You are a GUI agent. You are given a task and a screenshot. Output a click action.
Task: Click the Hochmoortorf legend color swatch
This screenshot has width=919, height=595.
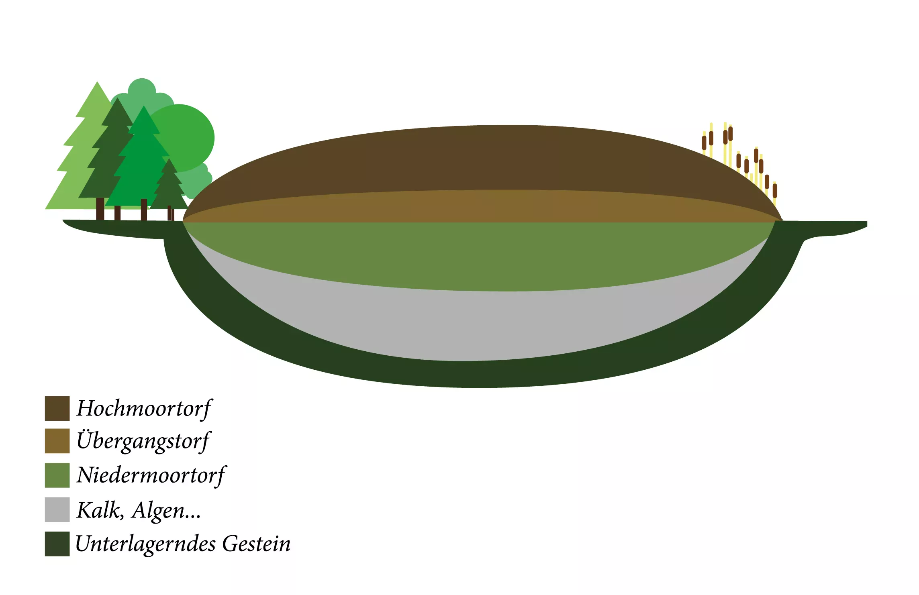[57, 408]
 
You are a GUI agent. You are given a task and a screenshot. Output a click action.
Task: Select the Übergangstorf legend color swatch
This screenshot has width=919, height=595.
[57, 441]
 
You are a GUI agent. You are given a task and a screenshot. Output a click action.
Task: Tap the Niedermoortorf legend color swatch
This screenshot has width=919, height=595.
[57, 475]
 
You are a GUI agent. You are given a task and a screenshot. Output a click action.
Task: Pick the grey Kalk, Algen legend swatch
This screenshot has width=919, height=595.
[57, 509]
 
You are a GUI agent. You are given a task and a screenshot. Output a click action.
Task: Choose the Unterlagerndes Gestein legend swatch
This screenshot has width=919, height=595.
[57, 544]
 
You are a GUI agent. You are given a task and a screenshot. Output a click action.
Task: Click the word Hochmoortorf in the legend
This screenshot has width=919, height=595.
[144, 408]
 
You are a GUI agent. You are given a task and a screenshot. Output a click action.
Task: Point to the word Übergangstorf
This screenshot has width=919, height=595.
[143, 441]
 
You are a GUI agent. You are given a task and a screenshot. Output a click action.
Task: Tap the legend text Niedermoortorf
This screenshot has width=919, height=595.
[151, 475]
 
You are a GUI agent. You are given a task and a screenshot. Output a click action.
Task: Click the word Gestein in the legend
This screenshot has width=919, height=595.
[256, 544]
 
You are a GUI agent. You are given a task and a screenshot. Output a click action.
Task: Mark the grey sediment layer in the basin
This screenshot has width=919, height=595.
[482, 325]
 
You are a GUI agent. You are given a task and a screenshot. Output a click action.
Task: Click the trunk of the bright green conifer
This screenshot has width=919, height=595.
[144, 210]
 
